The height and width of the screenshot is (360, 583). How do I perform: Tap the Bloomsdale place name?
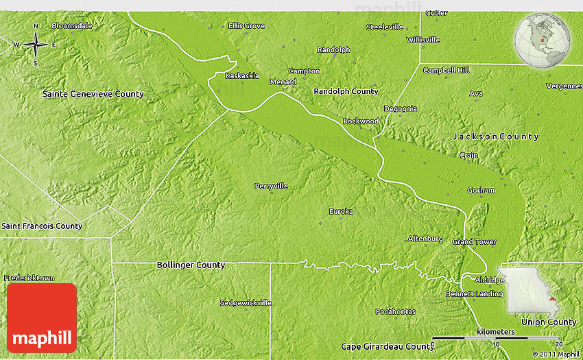coord(71,25)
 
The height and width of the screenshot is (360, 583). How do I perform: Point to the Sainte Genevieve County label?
coord(93,94)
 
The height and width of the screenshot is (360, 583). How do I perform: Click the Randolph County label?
coord(346,91)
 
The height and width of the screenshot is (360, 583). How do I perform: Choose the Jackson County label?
coord(495,136)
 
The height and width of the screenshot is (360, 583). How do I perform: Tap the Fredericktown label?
coord(29,278)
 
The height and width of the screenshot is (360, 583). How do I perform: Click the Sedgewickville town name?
coord(246,302)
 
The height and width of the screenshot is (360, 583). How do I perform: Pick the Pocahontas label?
coord(395,312)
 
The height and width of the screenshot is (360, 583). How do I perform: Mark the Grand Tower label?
coord(474,242)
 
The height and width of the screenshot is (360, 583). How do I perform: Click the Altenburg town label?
coord(425,239)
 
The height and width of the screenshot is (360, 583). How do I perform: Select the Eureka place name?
coord(341,211)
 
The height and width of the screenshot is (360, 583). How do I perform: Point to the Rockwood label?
coord(361,121)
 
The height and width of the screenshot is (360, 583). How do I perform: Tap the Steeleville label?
coord(385,27)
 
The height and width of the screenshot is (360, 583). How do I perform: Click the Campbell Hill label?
coord(446,71)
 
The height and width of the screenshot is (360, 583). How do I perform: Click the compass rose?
coord(35,45)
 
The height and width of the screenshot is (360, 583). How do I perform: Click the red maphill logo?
coord(42,317)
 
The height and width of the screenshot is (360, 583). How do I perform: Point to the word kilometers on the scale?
coord(496,332)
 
